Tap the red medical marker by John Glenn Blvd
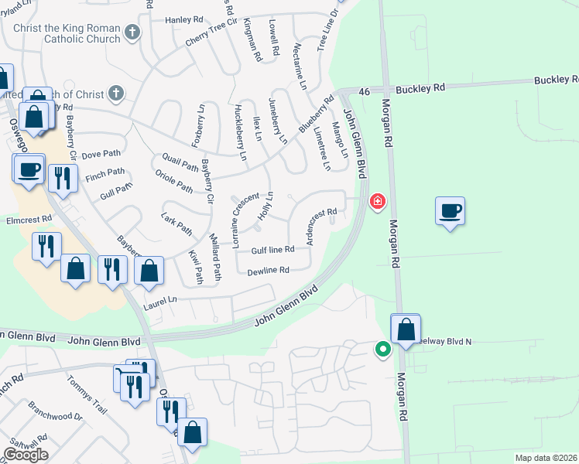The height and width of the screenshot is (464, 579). coord(378,202)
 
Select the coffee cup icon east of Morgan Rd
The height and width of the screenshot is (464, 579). coord(450,210)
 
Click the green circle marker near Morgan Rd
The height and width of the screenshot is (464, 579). coord(382,350)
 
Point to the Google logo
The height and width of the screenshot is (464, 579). coord(26,455)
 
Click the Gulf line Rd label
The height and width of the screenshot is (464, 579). coord(272,250)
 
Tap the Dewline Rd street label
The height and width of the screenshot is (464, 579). coord(268,271)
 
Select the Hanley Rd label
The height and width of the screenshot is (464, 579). coord(183,20)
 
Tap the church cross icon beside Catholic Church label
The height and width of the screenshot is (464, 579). coord(133,32)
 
